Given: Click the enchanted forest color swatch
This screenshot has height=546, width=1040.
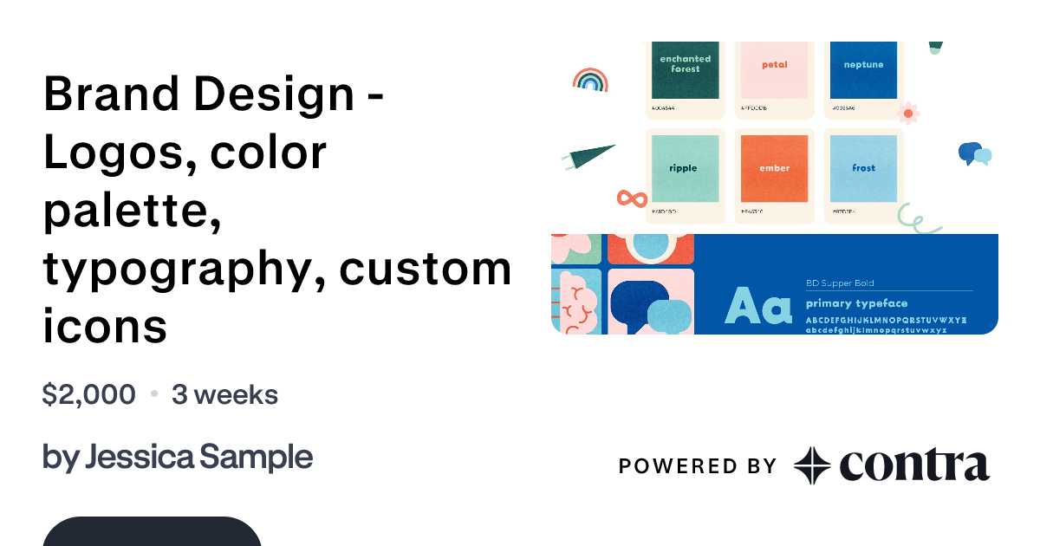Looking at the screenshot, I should (686, 69).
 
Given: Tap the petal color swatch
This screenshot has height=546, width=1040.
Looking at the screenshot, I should (774, 69).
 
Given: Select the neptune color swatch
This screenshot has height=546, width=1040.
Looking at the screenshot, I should (863, 69).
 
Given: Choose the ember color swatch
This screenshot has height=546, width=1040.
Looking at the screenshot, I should (774, 168).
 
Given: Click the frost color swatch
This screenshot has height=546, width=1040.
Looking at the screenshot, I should (863, 168).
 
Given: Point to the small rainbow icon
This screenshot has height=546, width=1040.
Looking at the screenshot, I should (590, 81).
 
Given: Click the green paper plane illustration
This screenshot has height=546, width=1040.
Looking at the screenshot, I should (589, 156).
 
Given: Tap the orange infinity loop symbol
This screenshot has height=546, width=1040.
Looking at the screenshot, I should (632, 198).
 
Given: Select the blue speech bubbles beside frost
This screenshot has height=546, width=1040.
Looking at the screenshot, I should (974, 154).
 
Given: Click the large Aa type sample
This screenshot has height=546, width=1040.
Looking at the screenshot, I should (758, 306).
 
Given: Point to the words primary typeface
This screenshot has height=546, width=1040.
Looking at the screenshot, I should (856, 303).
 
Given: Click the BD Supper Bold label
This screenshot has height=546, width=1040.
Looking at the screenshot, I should (840, 283).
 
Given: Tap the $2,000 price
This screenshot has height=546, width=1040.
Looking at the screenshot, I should (88, 395).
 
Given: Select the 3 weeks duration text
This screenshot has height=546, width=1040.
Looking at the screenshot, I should (224, 395).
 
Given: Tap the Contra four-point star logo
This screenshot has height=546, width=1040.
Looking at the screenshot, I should (812, 465).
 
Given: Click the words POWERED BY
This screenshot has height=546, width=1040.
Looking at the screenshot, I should (697, 466).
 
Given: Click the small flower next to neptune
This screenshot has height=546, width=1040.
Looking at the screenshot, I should (908, 113).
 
